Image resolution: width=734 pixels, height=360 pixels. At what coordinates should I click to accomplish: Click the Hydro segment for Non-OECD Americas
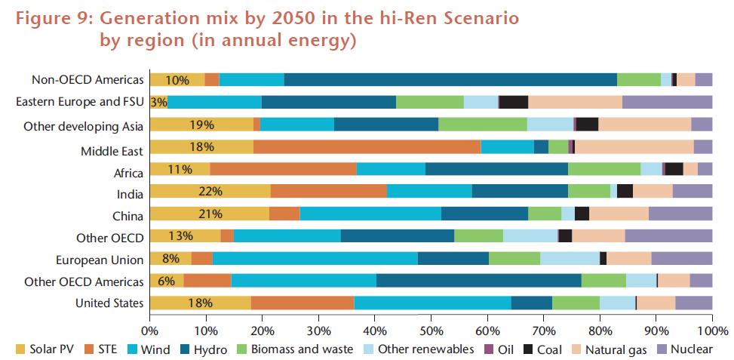(x=450, y=80)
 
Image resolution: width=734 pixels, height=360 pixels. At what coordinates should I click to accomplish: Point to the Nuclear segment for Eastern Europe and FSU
(x=667, y=103)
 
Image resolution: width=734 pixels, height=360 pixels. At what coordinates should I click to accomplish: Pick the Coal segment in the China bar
(x=582, y=214)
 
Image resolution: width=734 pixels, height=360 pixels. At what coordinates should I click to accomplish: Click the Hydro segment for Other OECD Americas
(x=478, y=282)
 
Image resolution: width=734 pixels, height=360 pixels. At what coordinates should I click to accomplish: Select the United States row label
(x=109, y=303)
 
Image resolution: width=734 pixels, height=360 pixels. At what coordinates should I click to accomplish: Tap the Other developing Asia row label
(x=83, y=125)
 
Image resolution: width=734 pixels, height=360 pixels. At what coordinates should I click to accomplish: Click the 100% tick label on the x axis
(x=711, y=331)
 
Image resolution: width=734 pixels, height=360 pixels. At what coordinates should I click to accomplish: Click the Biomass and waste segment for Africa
(x=604, y=170)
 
